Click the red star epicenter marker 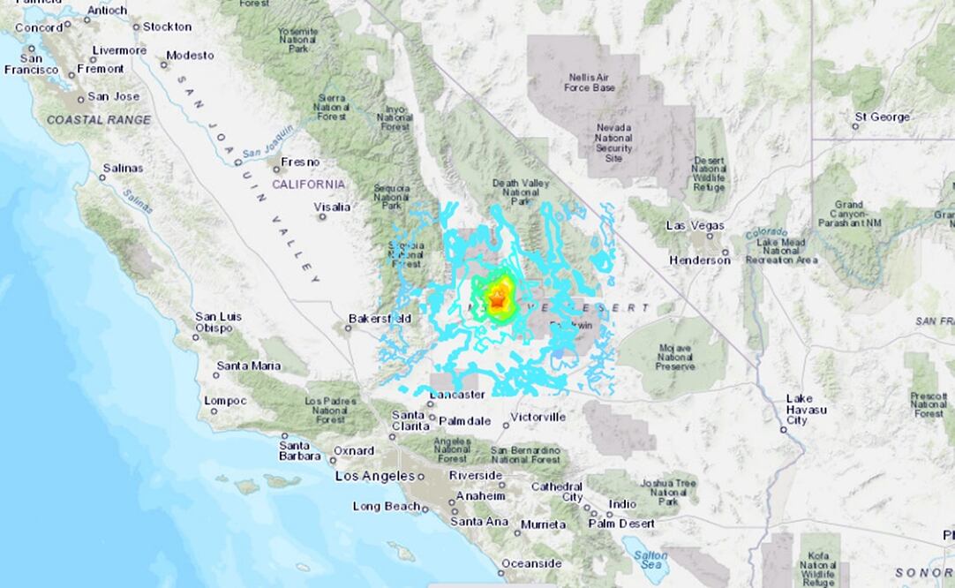[497, 302]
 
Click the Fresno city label [300, 162]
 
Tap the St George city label [882, 117]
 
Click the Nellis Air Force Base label [601, 82]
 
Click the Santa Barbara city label [300, 450]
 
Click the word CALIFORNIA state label [308, 184]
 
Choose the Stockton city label [167, 26]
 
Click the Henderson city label [699, 260]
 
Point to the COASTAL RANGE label [99, 119]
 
